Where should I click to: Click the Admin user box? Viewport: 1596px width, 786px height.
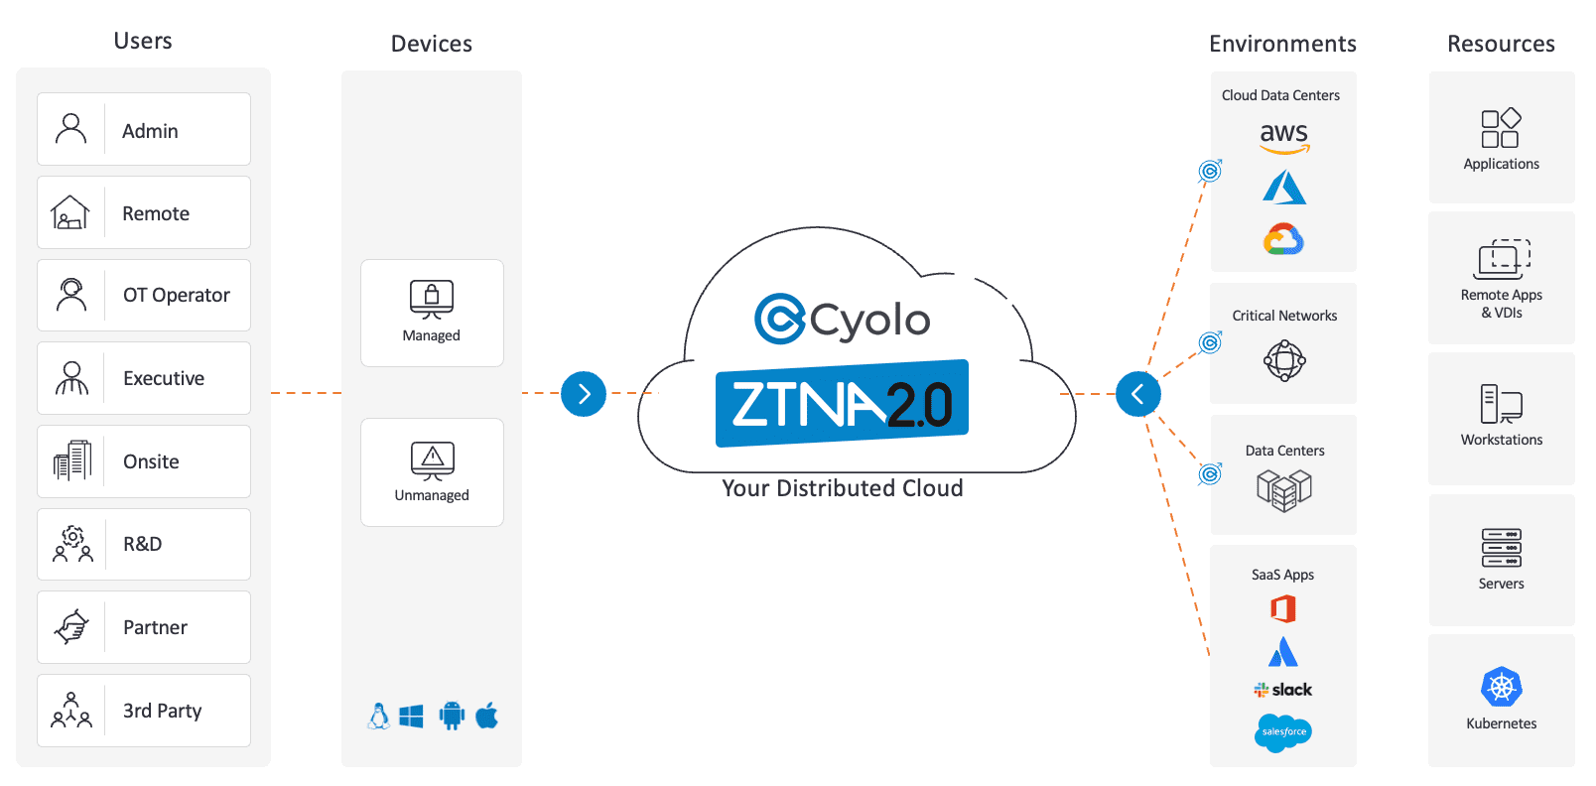pyautogui.click(x=144, y=129)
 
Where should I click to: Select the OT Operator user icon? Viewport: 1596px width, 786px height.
pyautogui.click(x=71, y=295)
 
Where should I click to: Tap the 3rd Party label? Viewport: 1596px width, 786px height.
pyautogui.click(x=162, y=711)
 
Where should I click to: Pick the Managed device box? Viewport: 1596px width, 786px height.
pyautogui.click(x=432, y=313)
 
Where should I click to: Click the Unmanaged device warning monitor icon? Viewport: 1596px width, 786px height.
pyautogui.click(x=433, y=459)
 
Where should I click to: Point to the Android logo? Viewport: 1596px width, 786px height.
pyautogui.click(x=452, y=716)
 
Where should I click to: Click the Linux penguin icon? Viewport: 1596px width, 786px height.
pyautogui.click(x=378, y=717)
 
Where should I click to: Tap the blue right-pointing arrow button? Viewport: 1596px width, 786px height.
pyautogui.click(x=584, y=394)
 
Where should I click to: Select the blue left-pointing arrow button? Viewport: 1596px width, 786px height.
pyautogui.click(x=1137, y=394)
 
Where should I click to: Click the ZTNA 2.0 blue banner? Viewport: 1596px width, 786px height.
pyautogui.click(x=842, y=403)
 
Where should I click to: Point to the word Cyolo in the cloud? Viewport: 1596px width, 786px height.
pyautogui.click(x=869, y=320)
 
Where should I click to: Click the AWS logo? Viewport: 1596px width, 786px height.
pyautogui.click(x=1284, y=136)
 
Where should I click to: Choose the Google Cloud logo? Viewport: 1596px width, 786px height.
pyautogui.click(x=1283, y=239)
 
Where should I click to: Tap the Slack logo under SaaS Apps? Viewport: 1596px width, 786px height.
pyautogui.click(x=1283, y=690)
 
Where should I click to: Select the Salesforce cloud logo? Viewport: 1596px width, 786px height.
pyautogui.click(x=1283, y=732)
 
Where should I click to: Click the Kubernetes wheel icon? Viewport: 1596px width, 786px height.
pyautogui.click(x=1502, y=687)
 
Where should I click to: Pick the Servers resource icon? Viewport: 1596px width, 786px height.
pyautogui.click(x=1501, y=548)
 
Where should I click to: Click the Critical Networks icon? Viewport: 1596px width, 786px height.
pyautogui.click(x=1284, y=360)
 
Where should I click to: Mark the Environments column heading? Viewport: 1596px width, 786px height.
pyautogui.click(x=1282, y=44)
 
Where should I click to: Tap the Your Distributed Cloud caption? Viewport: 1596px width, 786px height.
pyautogui.click(x=843, y=488)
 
